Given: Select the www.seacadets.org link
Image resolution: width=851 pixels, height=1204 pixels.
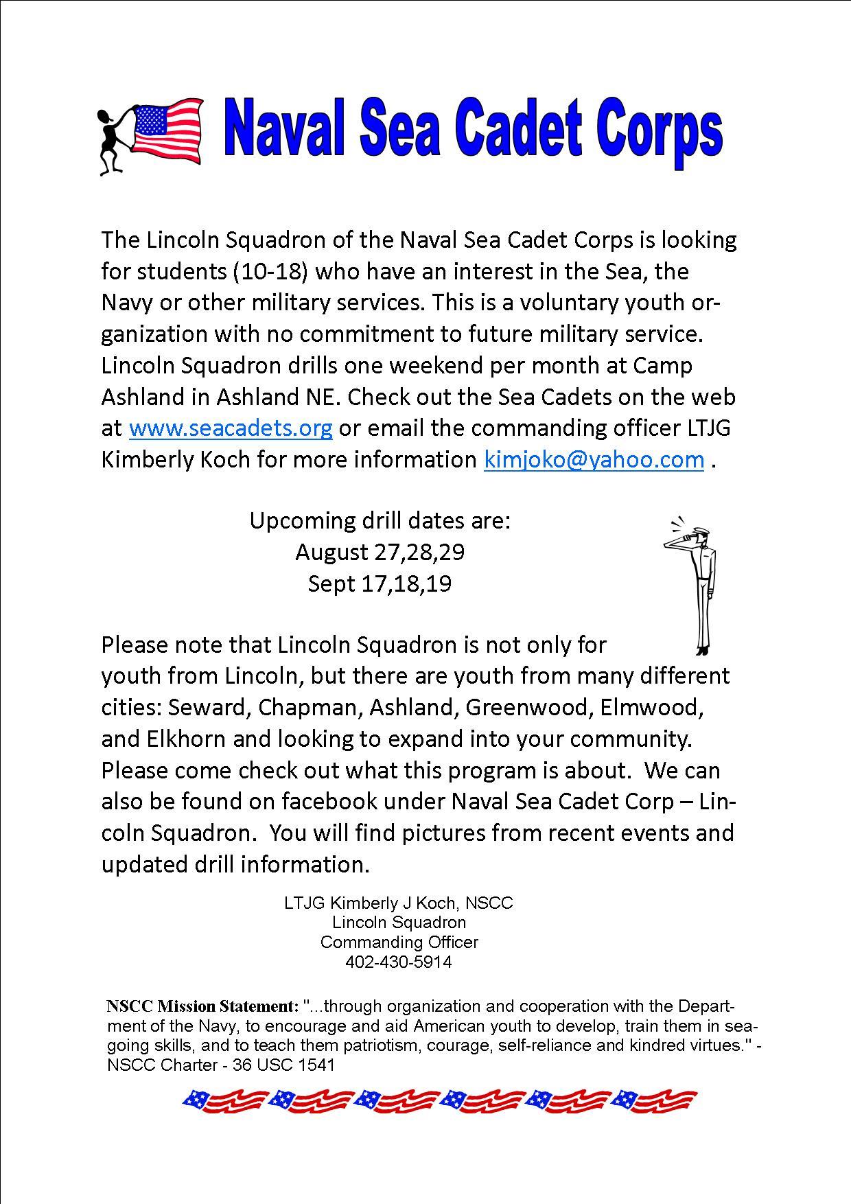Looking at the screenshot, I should (231, 428).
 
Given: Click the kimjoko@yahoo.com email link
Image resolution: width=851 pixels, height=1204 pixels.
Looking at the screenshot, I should (594, 459).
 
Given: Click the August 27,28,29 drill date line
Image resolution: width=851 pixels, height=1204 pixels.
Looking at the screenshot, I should (380, 552).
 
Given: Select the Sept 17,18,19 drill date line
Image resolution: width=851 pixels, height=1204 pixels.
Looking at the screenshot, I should (380, 583).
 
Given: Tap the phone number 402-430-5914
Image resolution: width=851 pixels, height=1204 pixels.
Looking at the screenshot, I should (399, 962).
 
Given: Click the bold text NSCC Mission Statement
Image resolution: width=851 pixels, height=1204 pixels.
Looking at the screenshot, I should (202, 1006).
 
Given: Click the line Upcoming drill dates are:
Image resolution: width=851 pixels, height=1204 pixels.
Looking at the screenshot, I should (380, 520).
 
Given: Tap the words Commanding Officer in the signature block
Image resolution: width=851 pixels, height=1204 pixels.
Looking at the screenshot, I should (399, 942).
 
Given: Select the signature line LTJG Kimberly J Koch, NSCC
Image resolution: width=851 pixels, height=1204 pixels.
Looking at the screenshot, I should (399, 903).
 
